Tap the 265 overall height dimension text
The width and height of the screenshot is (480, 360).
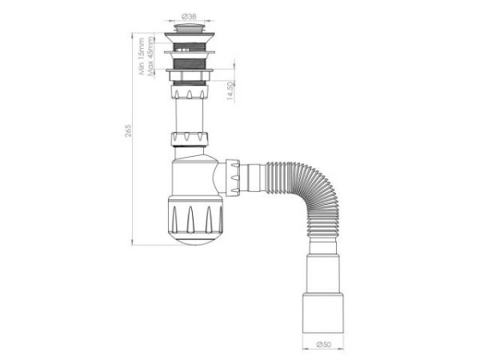point(128,131)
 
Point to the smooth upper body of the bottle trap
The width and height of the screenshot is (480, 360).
point(192,176)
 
